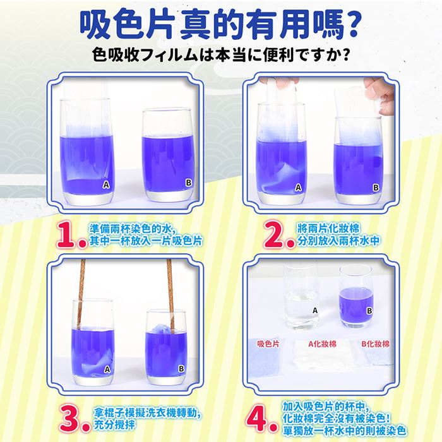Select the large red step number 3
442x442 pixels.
(73, 419)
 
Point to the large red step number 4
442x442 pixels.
(260, 419)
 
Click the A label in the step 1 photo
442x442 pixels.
(106, 184)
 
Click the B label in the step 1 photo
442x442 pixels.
(189, 182)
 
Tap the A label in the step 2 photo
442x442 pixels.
(298, 188)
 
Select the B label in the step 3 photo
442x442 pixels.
(181, 368)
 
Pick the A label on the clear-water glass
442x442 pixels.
(315, 311)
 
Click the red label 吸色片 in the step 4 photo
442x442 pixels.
(268, 344)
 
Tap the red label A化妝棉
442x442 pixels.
(322, 344)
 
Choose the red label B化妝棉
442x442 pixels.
(375, 344)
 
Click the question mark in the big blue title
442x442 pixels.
(350, 25)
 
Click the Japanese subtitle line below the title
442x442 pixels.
(221, 54)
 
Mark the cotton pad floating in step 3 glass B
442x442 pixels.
(160, 329)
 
